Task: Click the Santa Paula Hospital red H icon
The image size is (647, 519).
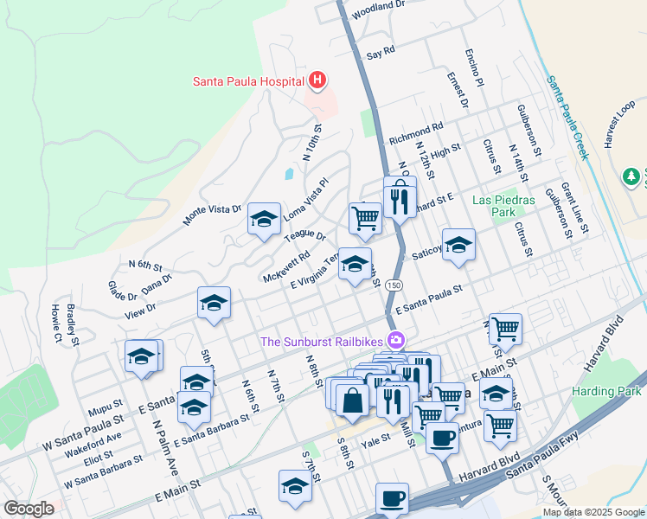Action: (x=317, y=81)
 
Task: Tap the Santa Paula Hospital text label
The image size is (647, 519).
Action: (x=247, y=82)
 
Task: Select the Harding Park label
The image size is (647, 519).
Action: (x=605, y=391)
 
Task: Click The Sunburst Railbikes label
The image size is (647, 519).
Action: (x=323, y=341)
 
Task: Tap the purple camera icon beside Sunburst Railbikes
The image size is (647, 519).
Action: (x=396, y=340)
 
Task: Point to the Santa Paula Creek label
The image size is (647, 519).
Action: (x=567, y=116)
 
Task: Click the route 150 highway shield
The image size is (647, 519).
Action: (x=394, y=285)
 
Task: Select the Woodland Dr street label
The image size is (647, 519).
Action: (x=378, y=10)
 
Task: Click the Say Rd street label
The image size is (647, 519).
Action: (x=381, y=53)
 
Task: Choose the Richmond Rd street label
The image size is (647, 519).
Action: (x=416, y=134)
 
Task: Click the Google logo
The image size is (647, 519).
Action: (x=29, y=508)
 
